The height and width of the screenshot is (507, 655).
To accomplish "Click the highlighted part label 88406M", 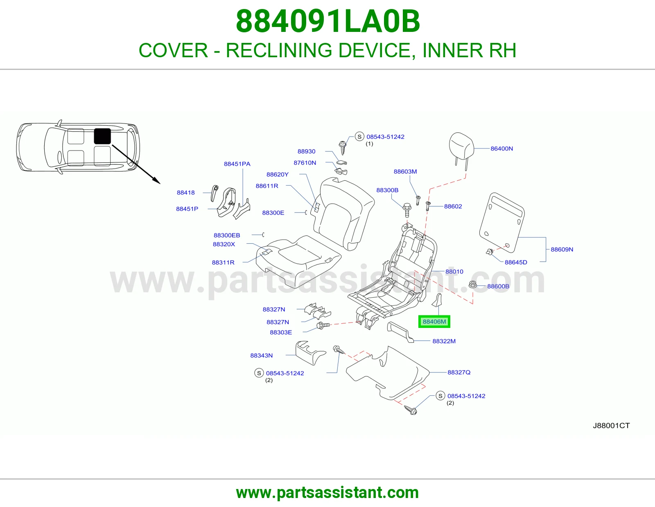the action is pos(434,321).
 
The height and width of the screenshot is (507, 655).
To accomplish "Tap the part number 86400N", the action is pos(501,148).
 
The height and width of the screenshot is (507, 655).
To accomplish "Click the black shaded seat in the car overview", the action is pos(102,137).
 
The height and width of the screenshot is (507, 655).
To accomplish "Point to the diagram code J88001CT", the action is pos(611,425).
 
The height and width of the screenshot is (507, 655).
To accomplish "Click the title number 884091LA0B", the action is pos(327,21).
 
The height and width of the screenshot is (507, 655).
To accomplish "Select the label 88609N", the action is pos(562,249).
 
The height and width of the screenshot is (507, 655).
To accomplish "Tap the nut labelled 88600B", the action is pos(473,284).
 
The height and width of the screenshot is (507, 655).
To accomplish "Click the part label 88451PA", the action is pos(237,164).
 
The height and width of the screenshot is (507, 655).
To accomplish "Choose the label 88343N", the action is pos(261,355).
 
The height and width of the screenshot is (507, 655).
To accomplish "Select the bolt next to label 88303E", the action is pos(323,325).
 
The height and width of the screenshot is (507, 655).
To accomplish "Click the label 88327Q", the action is pos(459,372).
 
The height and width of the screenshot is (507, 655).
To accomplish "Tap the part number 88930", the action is pos(306,151).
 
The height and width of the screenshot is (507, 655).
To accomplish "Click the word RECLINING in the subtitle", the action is pos(279,50).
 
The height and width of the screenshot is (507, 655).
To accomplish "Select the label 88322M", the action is pos(444,341).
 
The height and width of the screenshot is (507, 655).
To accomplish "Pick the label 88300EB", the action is pos(227,235).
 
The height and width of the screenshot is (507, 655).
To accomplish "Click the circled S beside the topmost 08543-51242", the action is pos(359,137).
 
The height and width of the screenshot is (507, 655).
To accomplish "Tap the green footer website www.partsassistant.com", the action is pos(327,493).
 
